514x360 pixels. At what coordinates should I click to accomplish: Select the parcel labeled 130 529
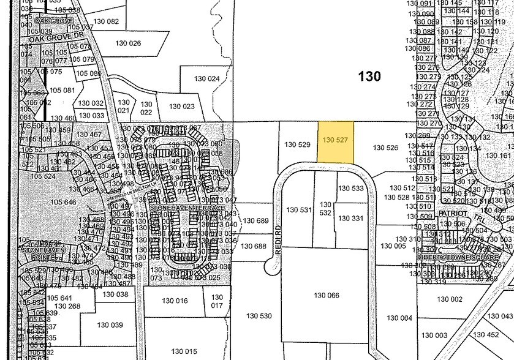coord(298,144)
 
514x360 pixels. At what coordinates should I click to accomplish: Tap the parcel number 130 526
coord(385,148)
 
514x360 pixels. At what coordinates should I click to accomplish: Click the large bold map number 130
coord(369,77)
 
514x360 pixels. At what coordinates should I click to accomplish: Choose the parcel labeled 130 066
coord(326,296)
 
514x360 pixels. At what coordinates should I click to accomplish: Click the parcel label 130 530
coord(259,316)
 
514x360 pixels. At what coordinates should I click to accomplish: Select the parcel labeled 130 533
coord(351,189)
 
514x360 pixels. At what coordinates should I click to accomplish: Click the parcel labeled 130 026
coord(127,43)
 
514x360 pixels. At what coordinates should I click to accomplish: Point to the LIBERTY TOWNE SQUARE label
coord(464,257)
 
